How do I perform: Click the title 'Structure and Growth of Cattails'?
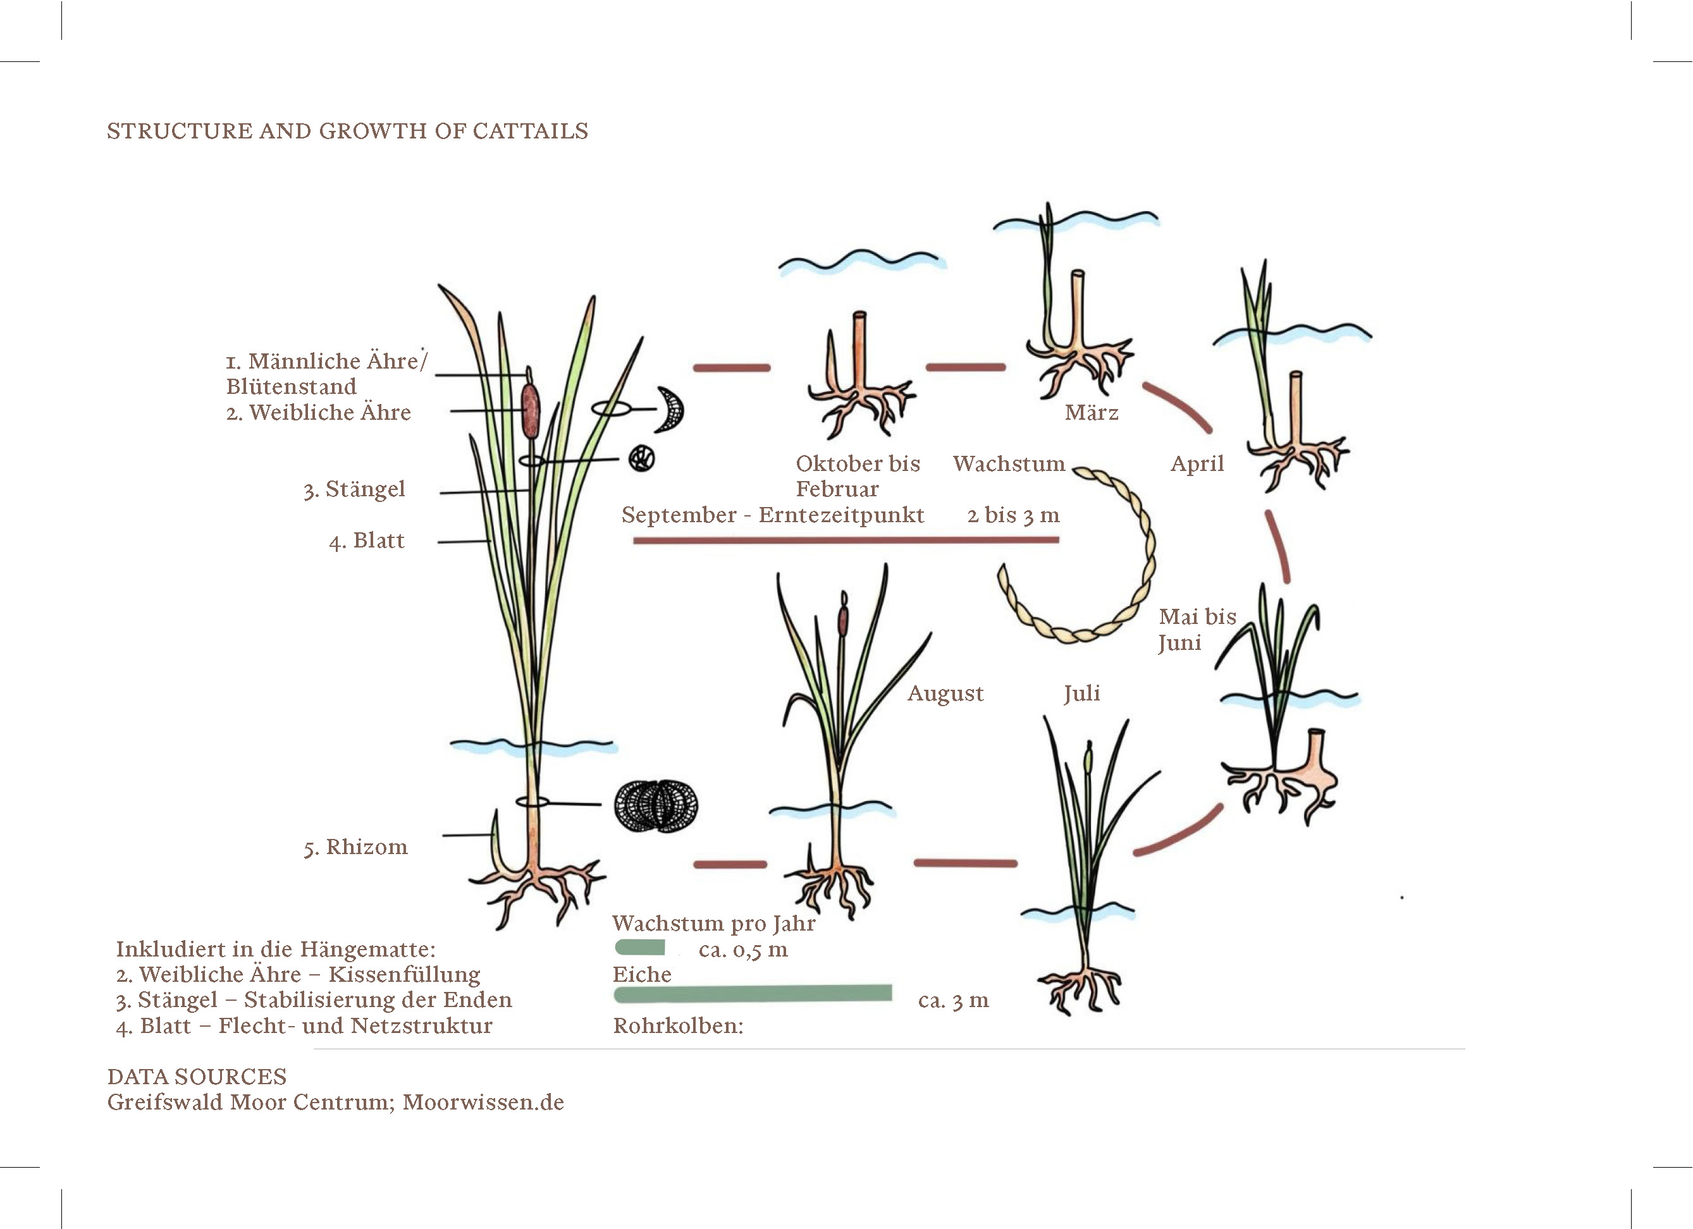pyautogui.click(x=347, y=131)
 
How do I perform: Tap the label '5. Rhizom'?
pyautogui.click(x=355, y=848)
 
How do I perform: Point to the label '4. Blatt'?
pyautogui.click(x=367, y=541)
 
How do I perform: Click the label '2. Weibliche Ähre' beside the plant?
pyautogui.click(x=319, y=413)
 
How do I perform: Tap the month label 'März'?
pyautogui.click(x=1092, y=413)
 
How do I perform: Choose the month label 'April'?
pyautogui.click(x=1197, y=464)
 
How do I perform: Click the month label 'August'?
pyautogui.click(x=945, y=694)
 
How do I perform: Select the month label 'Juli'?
pyautogui.click(x=1081, y=694)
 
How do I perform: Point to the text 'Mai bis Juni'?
pyautogui.click(x=1197, y=629)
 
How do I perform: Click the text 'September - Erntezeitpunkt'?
pyautogui.click(x=773, y=515)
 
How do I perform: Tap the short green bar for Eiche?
pyautogui.click(x=640, y=948)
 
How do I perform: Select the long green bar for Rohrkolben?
pyautogui.click(x=753, y=993)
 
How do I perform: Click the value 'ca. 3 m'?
pyautogui.click(x=953, y=1001)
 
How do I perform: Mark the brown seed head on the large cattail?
pyautogui.click(x=530, y=410)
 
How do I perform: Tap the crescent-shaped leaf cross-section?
pyautogui.click(x=671, y=409)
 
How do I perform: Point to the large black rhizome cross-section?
pyautogui.click(x=656, y=806)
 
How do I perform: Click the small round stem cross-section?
pyautogui.click(x=641, y=458)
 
